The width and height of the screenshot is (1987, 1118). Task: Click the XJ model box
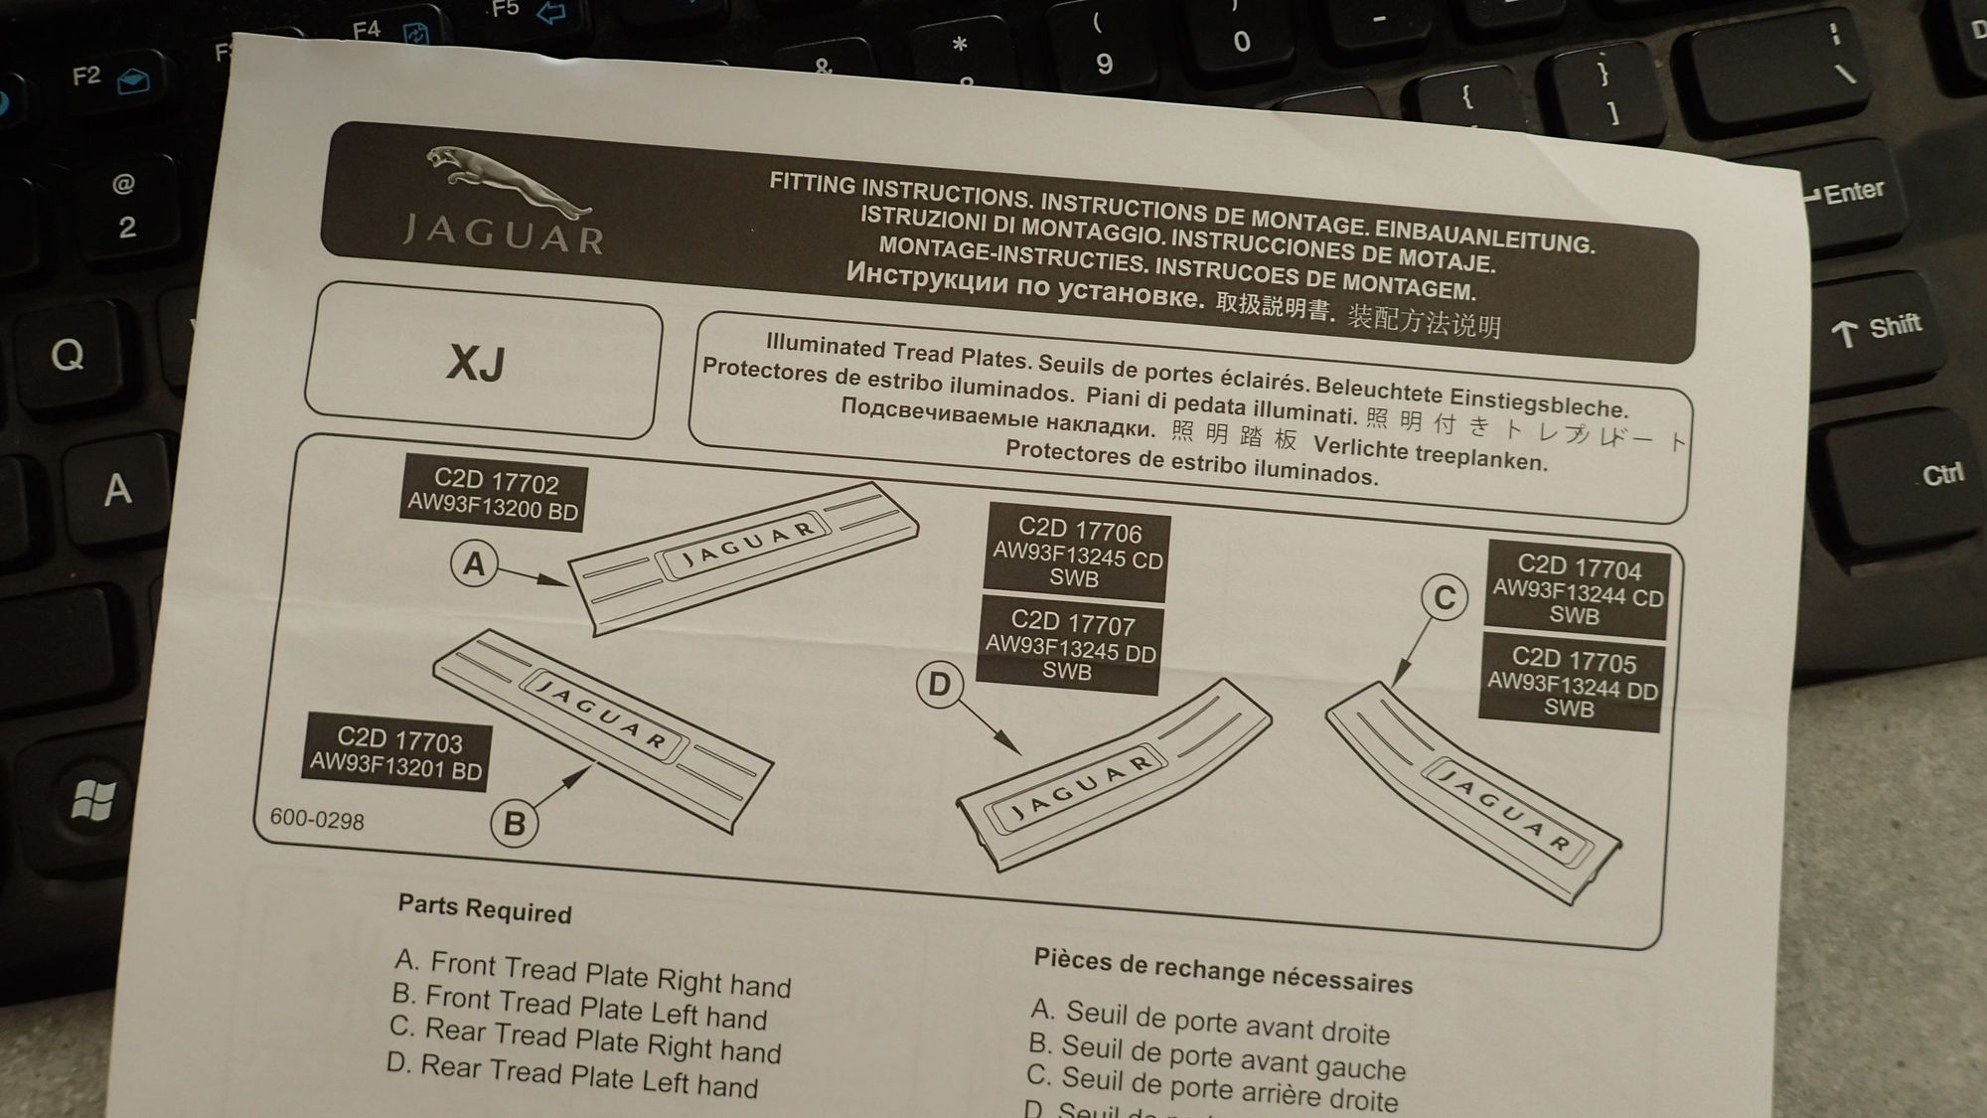coord(483,362)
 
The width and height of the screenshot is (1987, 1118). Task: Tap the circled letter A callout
coord(474,563)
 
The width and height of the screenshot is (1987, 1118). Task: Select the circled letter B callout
coord(515,823)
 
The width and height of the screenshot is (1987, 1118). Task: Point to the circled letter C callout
coord(1445,597)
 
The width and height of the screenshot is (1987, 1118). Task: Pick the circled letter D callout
coord(940,684)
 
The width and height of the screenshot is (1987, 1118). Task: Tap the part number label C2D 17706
coord(1077,553)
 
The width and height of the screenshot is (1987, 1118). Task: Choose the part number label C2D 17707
coord(1070,645)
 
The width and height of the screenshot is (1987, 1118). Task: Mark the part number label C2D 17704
coord(1577,589)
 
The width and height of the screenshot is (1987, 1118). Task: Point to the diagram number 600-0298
coord(317,820)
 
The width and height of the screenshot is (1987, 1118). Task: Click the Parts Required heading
coord(485,908)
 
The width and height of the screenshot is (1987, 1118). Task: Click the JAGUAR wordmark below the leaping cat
coord(503,234)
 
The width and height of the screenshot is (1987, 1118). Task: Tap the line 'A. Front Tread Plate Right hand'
coord(593,973)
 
